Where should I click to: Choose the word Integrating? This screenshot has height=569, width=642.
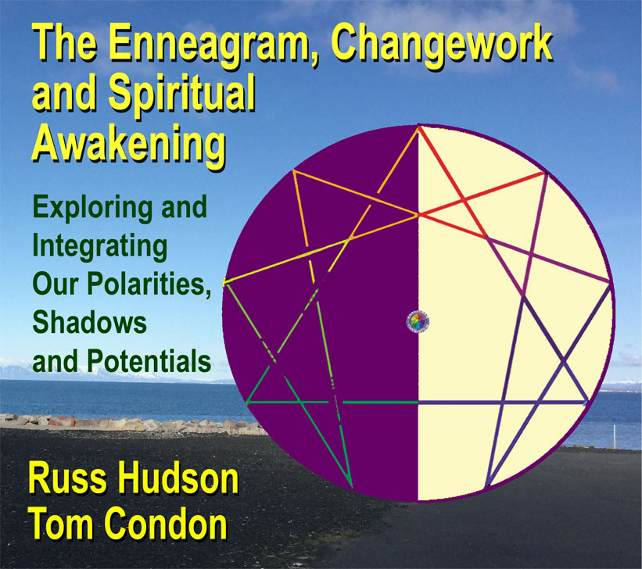[100, 247]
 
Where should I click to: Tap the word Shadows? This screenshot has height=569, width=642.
[89, 322]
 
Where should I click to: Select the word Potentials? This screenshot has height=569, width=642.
[149, 360]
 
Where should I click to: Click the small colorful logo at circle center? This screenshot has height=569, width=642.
[418, 321]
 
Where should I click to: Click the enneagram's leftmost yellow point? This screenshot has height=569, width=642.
[224, 282]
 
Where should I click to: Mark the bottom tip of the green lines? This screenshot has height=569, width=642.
[351, 486]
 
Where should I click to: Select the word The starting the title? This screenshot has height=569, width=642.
[65, 45]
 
